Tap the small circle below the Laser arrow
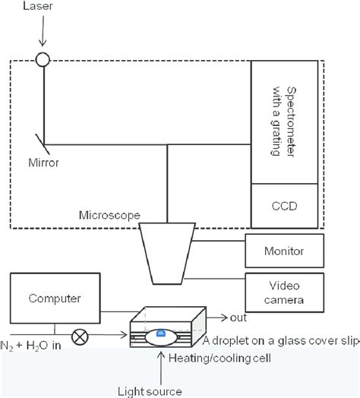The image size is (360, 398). point(43,58)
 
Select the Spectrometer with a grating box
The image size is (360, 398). point(287,121)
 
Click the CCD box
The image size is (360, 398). point(287,206)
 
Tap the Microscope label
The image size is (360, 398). point(109,215)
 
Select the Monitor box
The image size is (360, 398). point(285,250)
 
